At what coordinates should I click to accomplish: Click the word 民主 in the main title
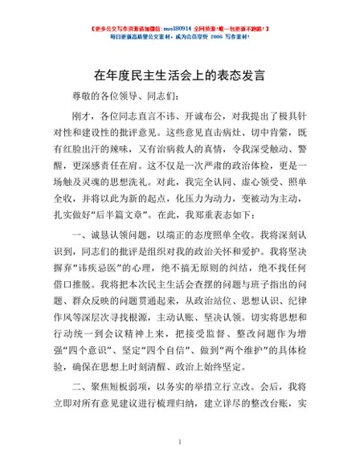[161, 74]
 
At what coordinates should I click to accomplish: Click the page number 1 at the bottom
[180, 443]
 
